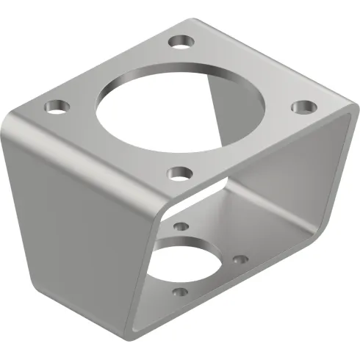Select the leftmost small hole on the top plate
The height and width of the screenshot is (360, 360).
(54, 107)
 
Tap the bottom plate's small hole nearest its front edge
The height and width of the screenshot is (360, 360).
(179, 293)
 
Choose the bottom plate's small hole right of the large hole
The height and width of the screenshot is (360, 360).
(239, 259)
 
